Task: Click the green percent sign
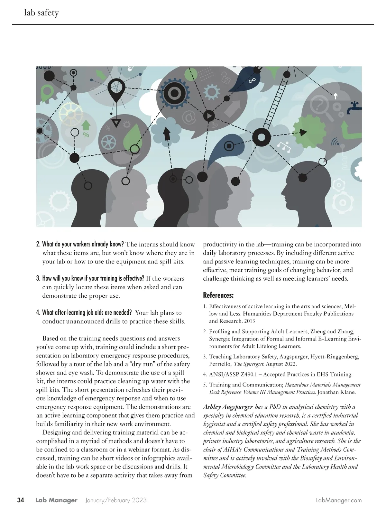click(86, 135)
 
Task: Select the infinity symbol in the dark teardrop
click(252, 80)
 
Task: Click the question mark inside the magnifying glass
click(320, 105)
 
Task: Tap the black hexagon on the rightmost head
click(302, 178)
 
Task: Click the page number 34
click(21, 500)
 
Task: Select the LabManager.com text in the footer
click(339, 500)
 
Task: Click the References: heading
click(218, 295)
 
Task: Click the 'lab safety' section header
click(41, 13)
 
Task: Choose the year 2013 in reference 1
click(249, 321)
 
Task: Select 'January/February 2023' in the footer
click(116, 500)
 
